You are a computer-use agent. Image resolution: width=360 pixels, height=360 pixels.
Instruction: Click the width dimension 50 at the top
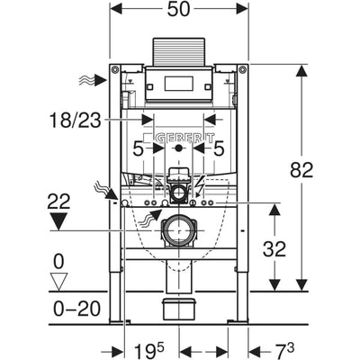click(178, 10)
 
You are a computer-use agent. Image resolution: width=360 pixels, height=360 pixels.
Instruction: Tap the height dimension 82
click(301, 170)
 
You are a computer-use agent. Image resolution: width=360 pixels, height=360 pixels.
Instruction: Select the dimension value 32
click(274, 249)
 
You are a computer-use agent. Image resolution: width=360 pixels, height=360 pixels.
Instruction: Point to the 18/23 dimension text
click(75, 121)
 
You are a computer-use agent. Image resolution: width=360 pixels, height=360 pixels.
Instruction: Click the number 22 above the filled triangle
click(58, 202)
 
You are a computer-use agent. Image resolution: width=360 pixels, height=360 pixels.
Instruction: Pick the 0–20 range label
click(76, 309)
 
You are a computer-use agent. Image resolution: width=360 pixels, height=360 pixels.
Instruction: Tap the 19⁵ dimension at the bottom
click(149, 350)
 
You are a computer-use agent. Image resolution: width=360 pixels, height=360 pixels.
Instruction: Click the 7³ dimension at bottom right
click(284, 350)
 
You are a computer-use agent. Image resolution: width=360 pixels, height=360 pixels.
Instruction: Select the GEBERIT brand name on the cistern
click(184, 139)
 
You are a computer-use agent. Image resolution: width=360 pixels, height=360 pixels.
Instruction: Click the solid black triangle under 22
click(58, 221)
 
